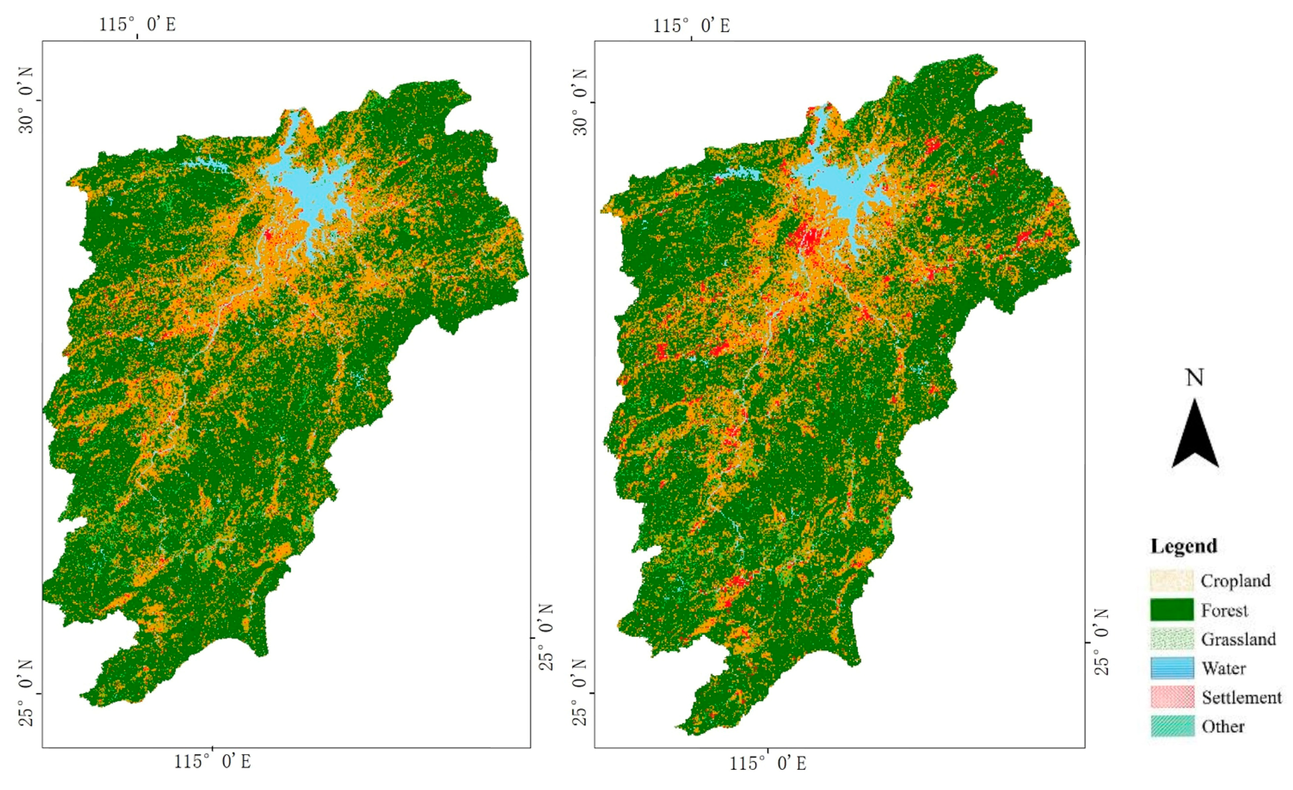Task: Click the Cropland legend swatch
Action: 1172,581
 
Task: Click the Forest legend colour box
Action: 1172,610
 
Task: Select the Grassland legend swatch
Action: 1172,639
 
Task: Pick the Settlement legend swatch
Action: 1172,697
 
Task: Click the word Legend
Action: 1183,546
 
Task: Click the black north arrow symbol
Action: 1195,438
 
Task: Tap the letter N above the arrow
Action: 1195,378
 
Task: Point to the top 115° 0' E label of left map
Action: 137,24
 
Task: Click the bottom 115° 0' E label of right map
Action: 768,763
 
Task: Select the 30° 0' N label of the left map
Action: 26,100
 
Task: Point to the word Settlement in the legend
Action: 1241,698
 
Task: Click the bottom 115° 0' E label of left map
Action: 212,762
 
